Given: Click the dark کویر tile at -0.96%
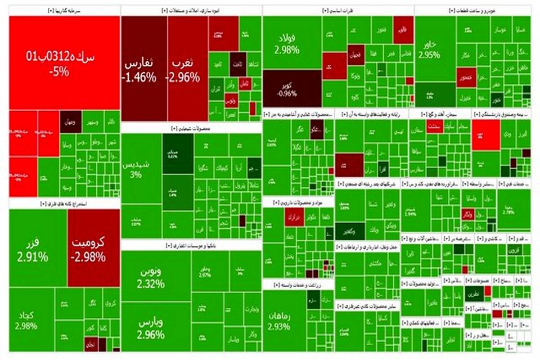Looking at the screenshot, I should [292, 88].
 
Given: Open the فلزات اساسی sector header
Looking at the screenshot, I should [338, 11].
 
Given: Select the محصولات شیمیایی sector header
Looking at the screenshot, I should [191, 128].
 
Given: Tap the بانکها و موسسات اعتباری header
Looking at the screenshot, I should [191, 246].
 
